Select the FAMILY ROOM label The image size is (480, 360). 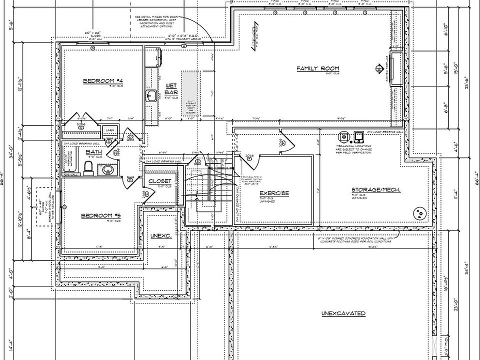318,68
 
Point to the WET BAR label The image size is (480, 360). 171,89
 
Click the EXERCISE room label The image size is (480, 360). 274,193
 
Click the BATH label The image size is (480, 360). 94,152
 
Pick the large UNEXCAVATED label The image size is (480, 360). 343,313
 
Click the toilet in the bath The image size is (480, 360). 89,168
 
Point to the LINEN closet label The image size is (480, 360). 109,131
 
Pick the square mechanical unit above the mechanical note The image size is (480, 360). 358,136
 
